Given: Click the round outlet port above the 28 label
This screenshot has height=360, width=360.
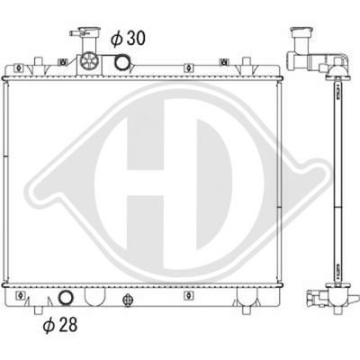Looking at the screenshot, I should click(x=66, y=299).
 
